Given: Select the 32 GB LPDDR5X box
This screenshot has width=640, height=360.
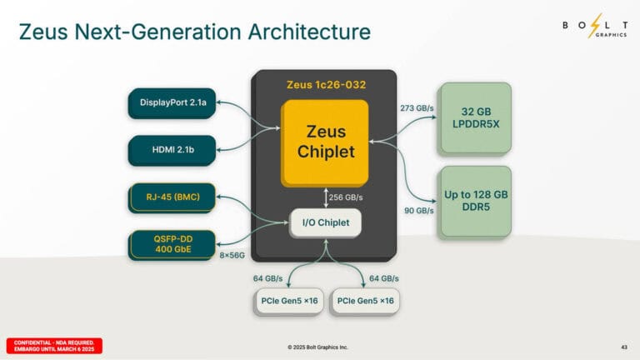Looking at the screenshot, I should point(475,117).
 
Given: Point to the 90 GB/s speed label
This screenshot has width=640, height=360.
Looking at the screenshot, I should point(418,211).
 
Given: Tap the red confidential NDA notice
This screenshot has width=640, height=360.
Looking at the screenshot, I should point(54,346).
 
